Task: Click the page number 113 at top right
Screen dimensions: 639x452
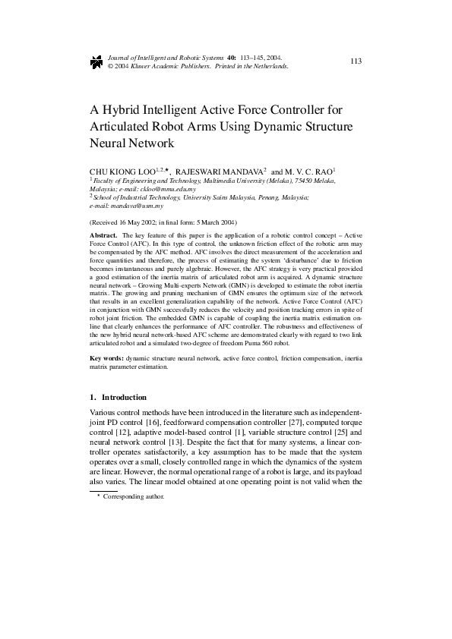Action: pos(356,61)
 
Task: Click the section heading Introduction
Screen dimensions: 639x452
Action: pos(124,397)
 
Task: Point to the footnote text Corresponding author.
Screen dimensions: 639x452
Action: pos(133,496)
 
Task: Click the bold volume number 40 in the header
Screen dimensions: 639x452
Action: pos(231,57)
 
